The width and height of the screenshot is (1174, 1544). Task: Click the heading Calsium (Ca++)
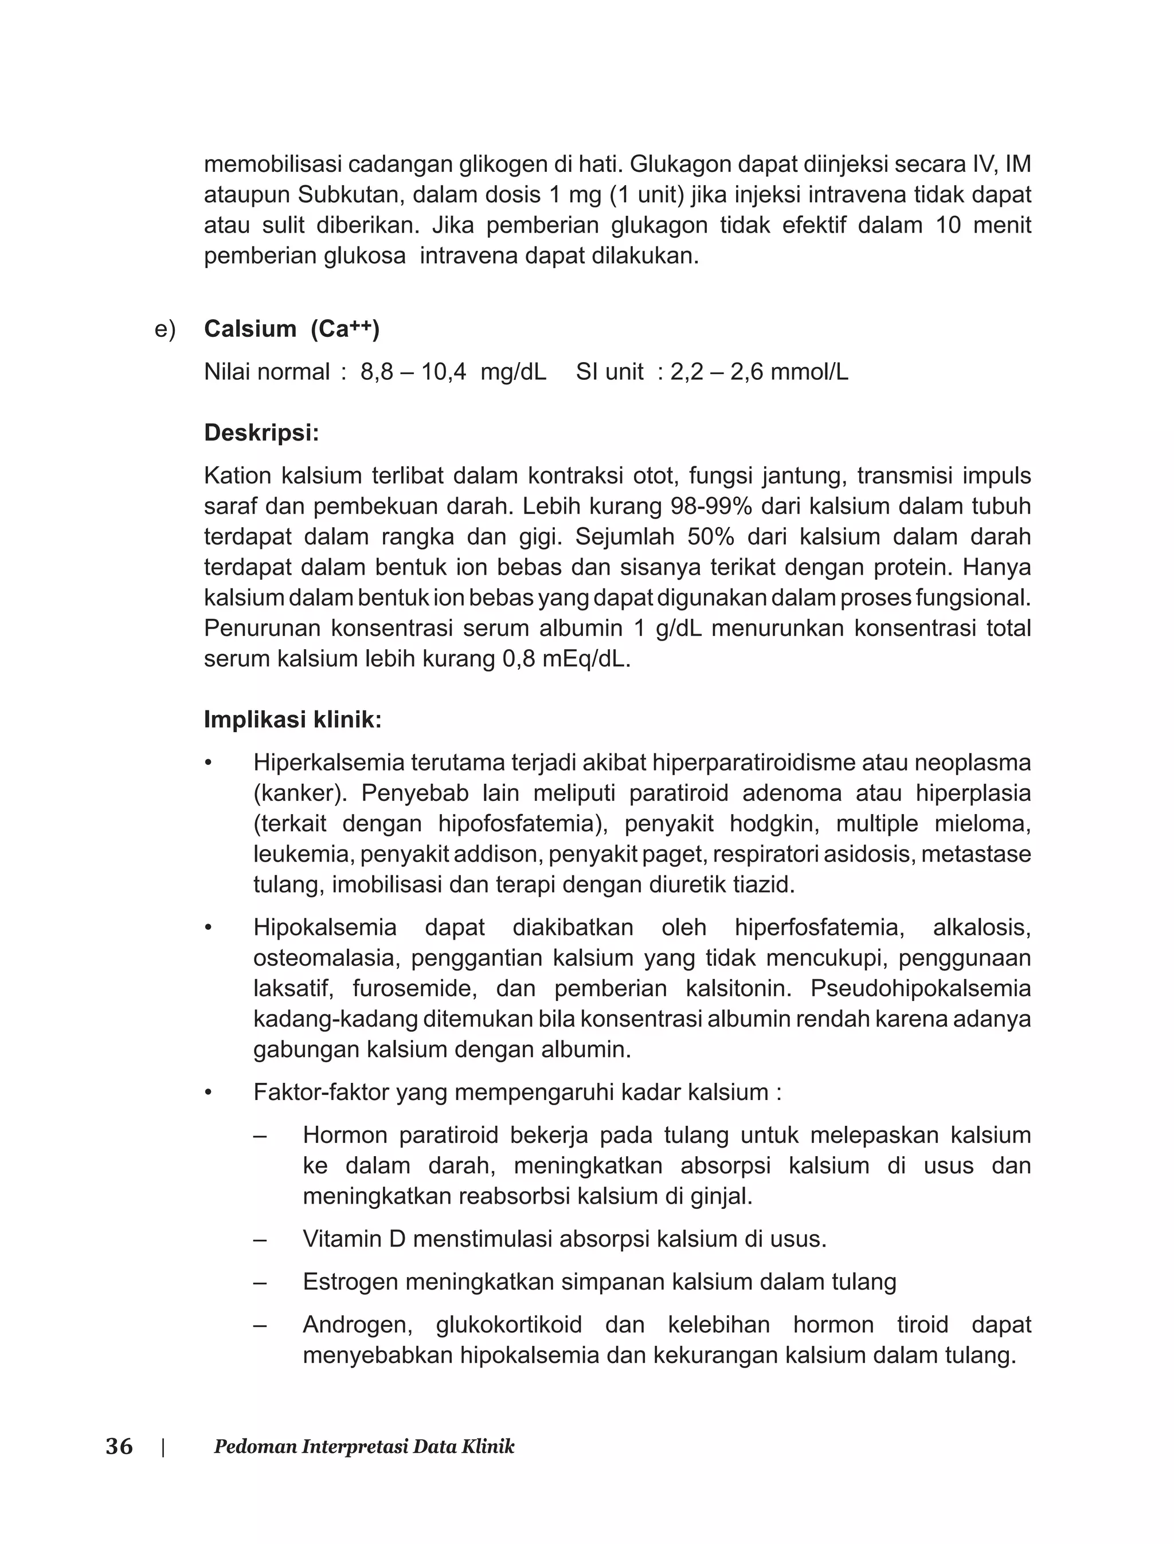pos(291,329)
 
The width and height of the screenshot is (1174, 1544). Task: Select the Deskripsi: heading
pos(261,433)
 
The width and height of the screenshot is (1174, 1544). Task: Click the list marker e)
pos(165,329)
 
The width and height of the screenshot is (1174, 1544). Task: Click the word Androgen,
pos(357,1325)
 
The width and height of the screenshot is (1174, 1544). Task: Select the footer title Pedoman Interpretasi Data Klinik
pos(363,1447)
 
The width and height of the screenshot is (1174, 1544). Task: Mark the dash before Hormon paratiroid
pos(260,1136)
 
